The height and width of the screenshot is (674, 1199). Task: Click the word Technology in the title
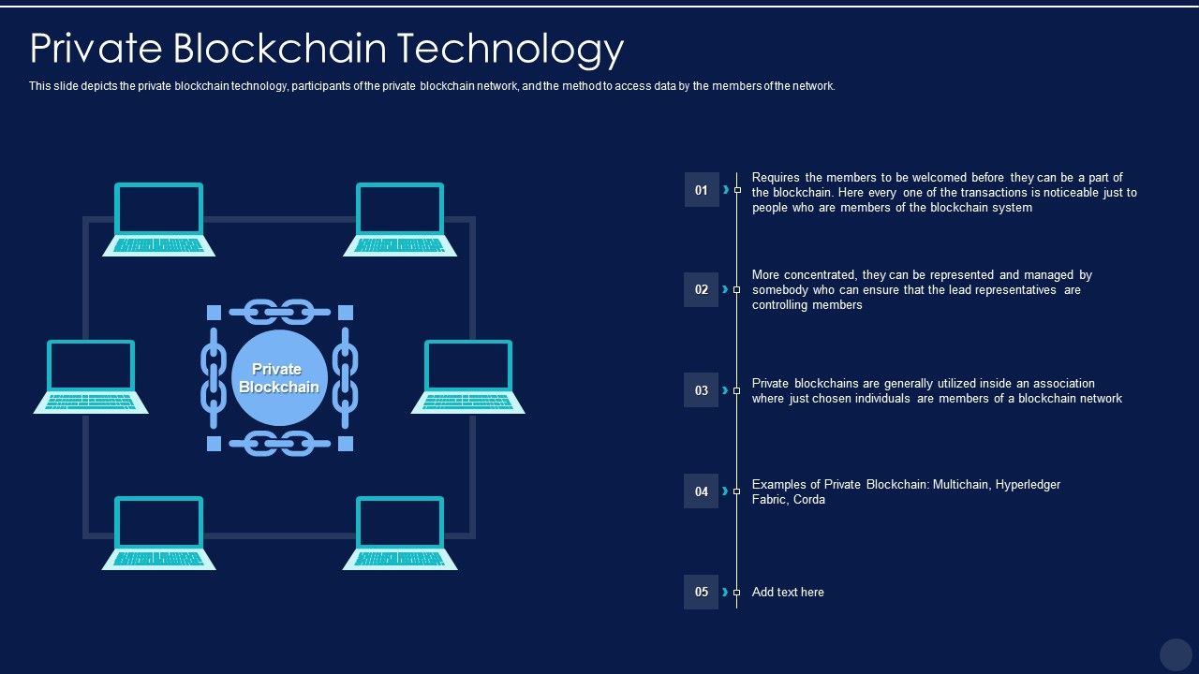[511, 50]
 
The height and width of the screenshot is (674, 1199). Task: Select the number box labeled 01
[702, 190]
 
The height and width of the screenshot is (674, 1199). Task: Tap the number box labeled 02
[702, 289]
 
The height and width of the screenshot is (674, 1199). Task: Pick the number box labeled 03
[702, 390]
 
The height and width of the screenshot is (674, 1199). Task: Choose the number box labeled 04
[702, 491]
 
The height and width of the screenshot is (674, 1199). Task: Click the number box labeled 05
[702, 592]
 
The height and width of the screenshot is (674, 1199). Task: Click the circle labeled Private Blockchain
[279, 377]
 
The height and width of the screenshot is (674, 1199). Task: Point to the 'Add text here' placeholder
[788, 593]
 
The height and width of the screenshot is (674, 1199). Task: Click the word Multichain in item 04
[961, 485]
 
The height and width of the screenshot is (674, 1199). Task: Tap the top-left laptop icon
[159, 219]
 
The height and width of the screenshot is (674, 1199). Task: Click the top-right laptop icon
[400, 219]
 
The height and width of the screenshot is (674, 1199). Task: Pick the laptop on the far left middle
[91, 376]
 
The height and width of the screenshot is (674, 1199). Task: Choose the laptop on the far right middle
[467, 376]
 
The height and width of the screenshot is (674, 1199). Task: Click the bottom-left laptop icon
[159, 534]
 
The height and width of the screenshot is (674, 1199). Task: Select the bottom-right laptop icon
[400, 534]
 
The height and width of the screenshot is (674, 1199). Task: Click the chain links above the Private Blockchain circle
[279, 312]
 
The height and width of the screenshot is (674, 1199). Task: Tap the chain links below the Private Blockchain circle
[279, 444]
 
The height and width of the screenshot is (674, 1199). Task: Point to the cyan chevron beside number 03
[725, 390]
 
